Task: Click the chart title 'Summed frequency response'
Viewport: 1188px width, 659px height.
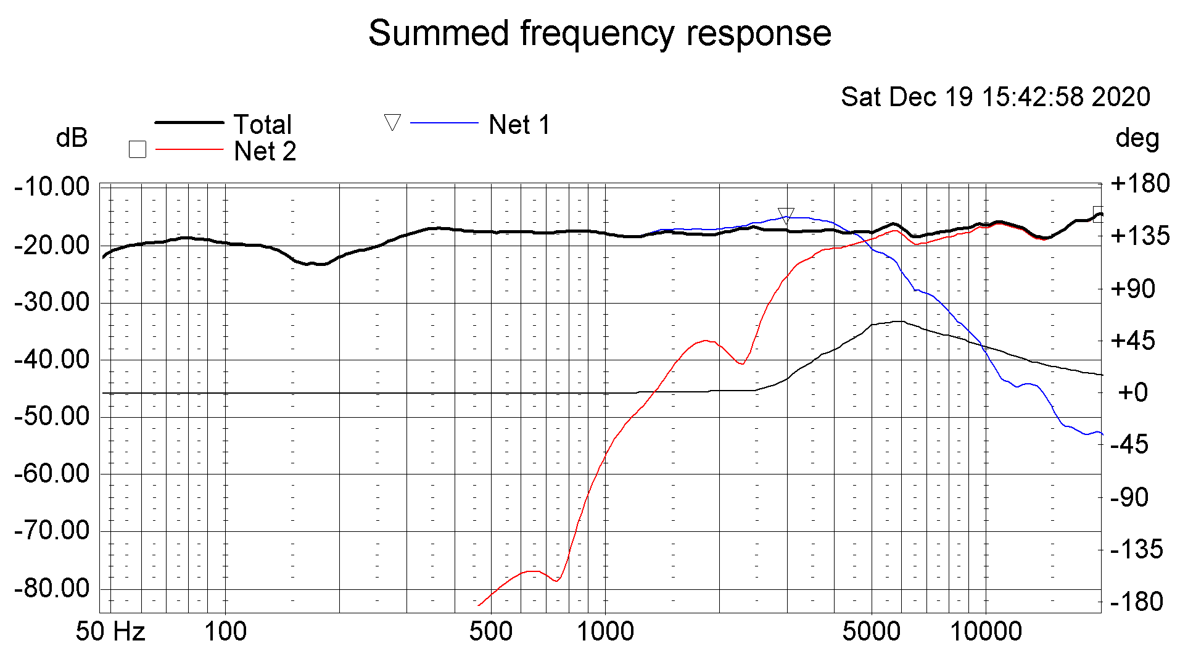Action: click(x=600, y=33)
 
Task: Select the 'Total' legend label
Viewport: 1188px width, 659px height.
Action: click(x=262, y=125)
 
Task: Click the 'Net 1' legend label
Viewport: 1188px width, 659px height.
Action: click(x=519, y=125)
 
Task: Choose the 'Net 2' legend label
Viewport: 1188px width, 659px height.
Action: click(x=265, y=151)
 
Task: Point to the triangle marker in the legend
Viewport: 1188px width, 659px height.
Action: click(x=392, y=122)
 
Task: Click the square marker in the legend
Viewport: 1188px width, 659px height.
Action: click(x=137, y=149)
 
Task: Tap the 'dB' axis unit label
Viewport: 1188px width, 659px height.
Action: click(x=72, y=138)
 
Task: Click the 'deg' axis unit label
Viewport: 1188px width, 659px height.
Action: click(x=1137, y=138)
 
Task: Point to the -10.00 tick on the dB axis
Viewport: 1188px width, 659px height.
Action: click(x=52, y=186)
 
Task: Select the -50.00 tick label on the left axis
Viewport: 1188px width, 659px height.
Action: click(x=52, y=417)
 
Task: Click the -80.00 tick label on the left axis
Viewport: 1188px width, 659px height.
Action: click(x=52, y=589)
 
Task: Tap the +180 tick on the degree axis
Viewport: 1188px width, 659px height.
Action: click(x=1139, y=183)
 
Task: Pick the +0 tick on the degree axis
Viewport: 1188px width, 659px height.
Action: click(x=1132, y=392)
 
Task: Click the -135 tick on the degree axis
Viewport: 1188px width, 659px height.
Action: click(x=1136, y=549)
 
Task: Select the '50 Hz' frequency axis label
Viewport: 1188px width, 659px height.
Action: click(x=110, y=632)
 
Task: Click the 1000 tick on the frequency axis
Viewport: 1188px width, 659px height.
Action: click(x=605, y=632)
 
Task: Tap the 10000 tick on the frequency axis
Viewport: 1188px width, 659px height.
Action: click(x=986, y=632)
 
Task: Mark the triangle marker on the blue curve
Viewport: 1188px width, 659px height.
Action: click(x=786, y=215)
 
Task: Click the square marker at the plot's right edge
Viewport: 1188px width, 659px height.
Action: click(x=1098, y=214)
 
